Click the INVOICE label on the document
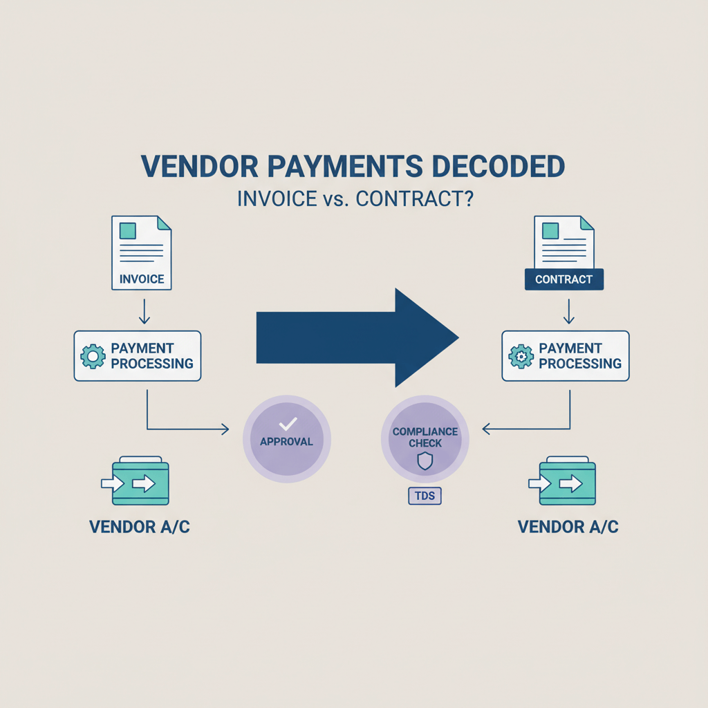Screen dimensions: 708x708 click(142, 279)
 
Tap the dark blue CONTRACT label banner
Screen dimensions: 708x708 click(564, 279)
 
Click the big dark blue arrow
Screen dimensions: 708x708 click(357, 337)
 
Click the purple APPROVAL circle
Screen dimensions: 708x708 click(287, 438)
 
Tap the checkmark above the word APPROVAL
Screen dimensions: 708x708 click(287, 423)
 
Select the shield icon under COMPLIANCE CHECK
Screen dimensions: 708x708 click(425, 461)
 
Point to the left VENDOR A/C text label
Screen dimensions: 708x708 click(140, 527)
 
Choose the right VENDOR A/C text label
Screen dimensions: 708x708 click(568, 527)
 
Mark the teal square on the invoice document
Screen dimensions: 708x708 click(128, 230)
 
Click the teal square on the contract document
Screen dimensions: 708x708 click(550, 230)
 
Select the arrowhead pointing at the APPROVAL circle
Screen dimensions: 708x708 click(224, 429)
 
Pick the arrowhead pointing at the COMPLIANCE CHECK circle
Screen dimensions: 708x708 click(486, 429)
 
